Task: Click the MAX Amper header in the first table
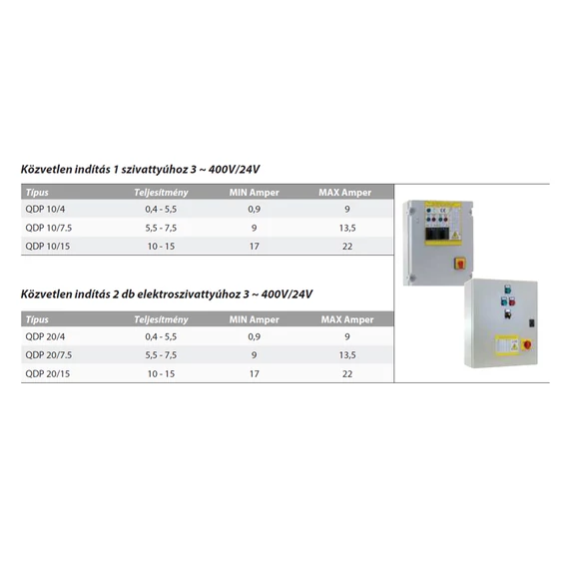[345, 192]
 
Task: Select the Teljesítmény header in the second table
[162, 319]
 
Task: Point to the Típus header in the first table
[37, 192]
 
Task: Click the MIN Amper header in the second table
[255, 319]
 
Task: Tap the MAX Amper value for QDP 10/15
[345, 246]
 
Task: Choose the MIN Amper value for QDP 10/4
[255, 210]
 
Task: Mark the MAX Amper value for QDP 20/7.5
[345, 355]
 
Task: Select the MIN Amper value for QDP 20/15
[255, 373]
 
